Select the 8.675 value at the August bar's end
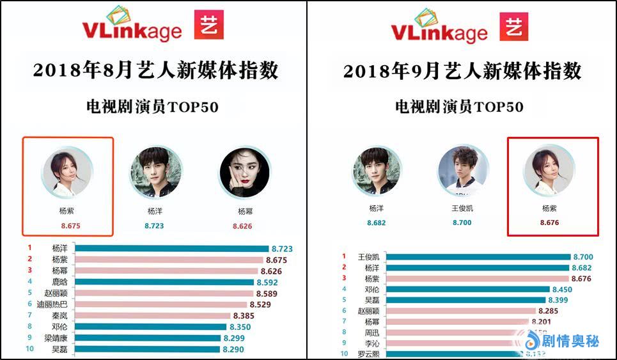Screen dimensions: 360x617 [276, 260]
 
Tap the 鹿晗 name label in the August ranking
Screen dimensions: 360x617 [59, 282]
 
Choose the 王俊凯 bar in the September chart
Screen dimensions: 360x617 [479, 257]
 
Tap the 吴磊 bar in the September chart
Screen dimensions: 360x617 [467, 300]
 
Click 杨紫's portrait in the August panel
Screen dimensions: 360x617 [67, 172]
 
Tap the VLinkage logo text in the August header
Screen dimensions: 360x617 [132, 31]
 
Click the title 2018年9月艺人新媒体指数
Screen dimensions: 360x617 [462, 71]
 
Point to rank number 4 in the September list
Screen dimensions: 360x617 [344, 288]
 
